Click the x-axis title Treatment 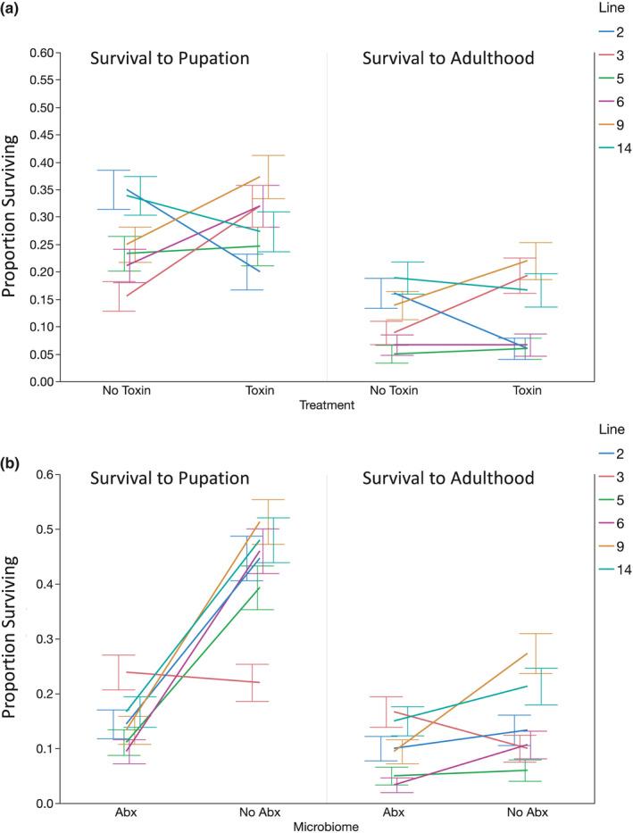pos(329,404)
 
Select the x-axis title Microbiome pos(328,828)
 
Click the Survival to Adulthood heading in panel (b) pos(448,479)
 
